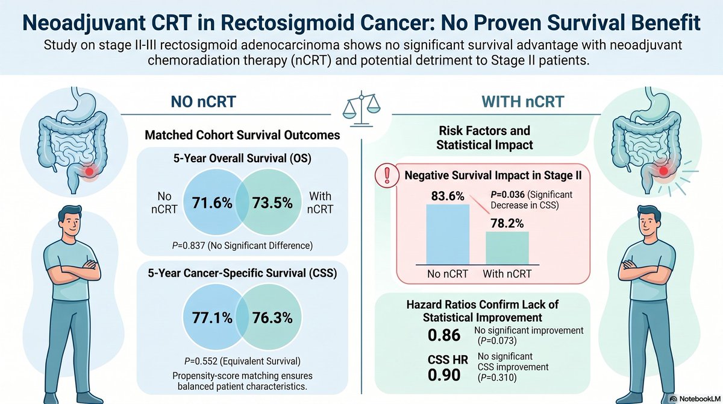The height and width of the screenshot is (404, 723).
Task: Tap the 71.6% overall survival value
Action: (x=212, y=203)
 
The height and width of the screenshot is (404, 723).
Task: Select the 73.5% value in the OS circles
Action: (x=272, y=203)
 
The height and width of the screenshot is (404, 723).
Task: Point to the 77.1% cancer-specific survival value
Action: (x=212, y=318)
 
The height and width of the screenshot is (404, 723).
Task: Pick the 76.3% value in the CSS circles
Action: (x=272, y=318)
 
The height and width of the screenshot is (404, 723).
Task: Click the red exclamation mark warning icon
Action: (x=387, y=175)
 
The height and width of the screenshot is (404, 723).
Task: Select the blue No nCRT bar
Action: (x=448, y=235)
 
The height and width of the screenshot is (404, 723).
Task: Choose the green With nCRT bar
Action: (x=507, y=248)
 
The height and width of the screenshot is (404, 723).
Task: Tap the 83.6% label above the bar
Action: (x=448, y=196)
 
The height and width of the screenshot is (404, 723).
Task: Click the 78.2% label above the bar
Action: (x=507, y=224)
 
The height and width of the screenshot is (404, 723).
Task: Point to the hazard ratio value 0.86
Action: (x=444, y=335)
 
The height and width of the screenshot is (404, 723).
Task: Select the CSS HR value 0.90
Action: (x=444, y=375)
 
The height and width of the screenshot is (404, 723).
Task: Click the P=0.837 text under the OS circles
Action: (x=189, y=246)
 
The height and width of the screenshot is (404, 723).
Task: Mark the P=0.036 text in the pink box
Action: (x=508, y=195)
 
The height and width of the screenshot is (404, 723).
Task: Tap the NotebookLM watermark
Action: (x=696, y=399)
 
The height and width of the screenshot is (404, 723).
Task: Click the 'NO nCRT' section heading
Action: (x=204, y=102)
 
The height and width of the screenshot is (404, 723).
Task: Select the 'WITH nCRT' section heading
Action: (x=523, y=102)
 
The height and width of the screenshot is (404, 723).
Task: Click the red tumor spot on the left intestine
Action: (x=89, y=171)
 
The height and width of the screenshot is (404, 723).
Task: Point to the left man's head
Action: (x=70, y=222)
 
